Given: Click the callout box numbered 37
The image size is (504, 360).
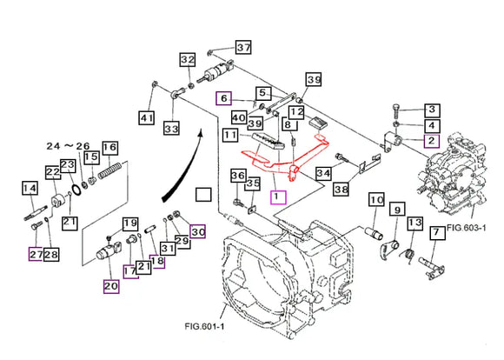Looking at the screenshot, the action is [x=243, y=48].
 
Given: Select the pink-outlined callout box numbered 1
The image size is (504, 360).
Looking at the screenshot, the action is [x=278, y=197].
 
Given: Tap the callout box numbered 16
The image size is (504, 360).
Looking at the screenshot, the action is [x=110, y=148].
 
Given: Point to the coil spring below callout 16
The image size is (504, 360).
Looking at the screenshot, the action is [x=109, y=170].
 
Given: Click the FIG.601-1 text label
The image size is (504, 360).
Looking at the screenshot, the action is [x=205, y=326].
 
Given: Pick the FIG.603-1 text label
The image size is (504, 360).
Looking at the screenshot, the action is [x=466, y=228].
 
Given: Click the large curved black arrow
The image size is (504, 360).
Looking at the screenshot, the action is [x=182, y=167].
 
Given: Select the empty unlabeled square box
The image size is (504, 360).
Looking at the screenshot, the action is [x=203, y=194].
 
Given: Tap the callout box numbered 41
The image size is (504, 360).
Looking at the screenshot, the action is [x=147, y=118].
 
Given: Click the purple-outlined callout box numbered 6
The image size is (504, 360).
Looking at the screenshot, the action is [x=223, y=97].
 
